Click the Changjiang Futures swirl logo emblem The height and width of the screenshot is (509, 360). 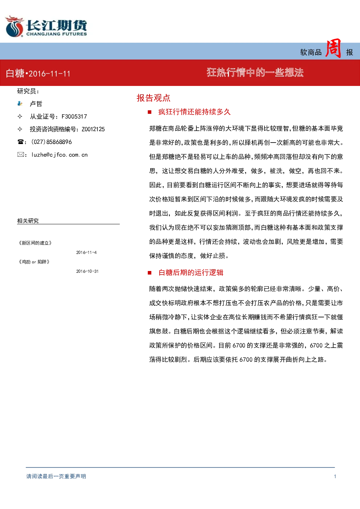point(15,26)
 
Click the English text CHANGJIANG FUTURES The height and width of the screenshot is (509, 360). point(57,34)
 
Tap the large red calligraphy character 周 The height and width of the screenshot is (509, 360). point(333,48)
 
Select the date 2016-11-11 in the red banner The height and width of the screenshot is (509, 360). point(50,74)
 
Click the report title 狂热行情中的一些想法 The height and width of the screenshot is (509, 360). point(255,73)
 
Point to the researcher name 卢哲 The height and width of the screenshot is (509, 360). point(36,104)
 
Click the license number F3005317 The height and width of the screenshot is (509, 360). point(74,116)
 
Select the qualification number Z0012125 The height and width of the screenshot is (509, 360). point(93,129)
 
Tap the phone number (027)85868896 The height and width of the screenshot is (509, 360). point(52,142)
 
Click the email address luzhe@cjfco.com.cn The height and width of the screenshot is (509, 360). point(60,155)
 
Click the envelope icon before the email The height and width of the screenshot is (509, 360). point(20,155)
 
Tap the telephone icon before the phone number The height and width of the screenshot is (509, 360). point(20,142)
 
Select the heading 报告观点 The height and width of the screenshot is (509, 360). point(154,98)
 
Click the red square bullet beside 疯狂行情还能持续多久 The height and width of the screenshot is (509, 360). point(150,112)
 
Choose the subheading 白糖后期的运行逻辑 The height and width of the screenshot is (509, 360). point(191,272)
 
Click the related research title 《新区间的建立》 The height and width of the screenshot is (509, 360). point(35,243)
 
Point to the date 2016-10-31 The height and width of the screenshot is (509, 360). point(87,271)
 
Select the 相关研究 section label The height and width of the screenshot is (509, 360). point(28,221)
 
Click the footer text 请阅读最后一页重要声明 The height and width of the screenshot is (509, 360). point(56,476)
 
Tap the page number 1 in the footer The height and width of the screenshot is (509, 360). point(335,476)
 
